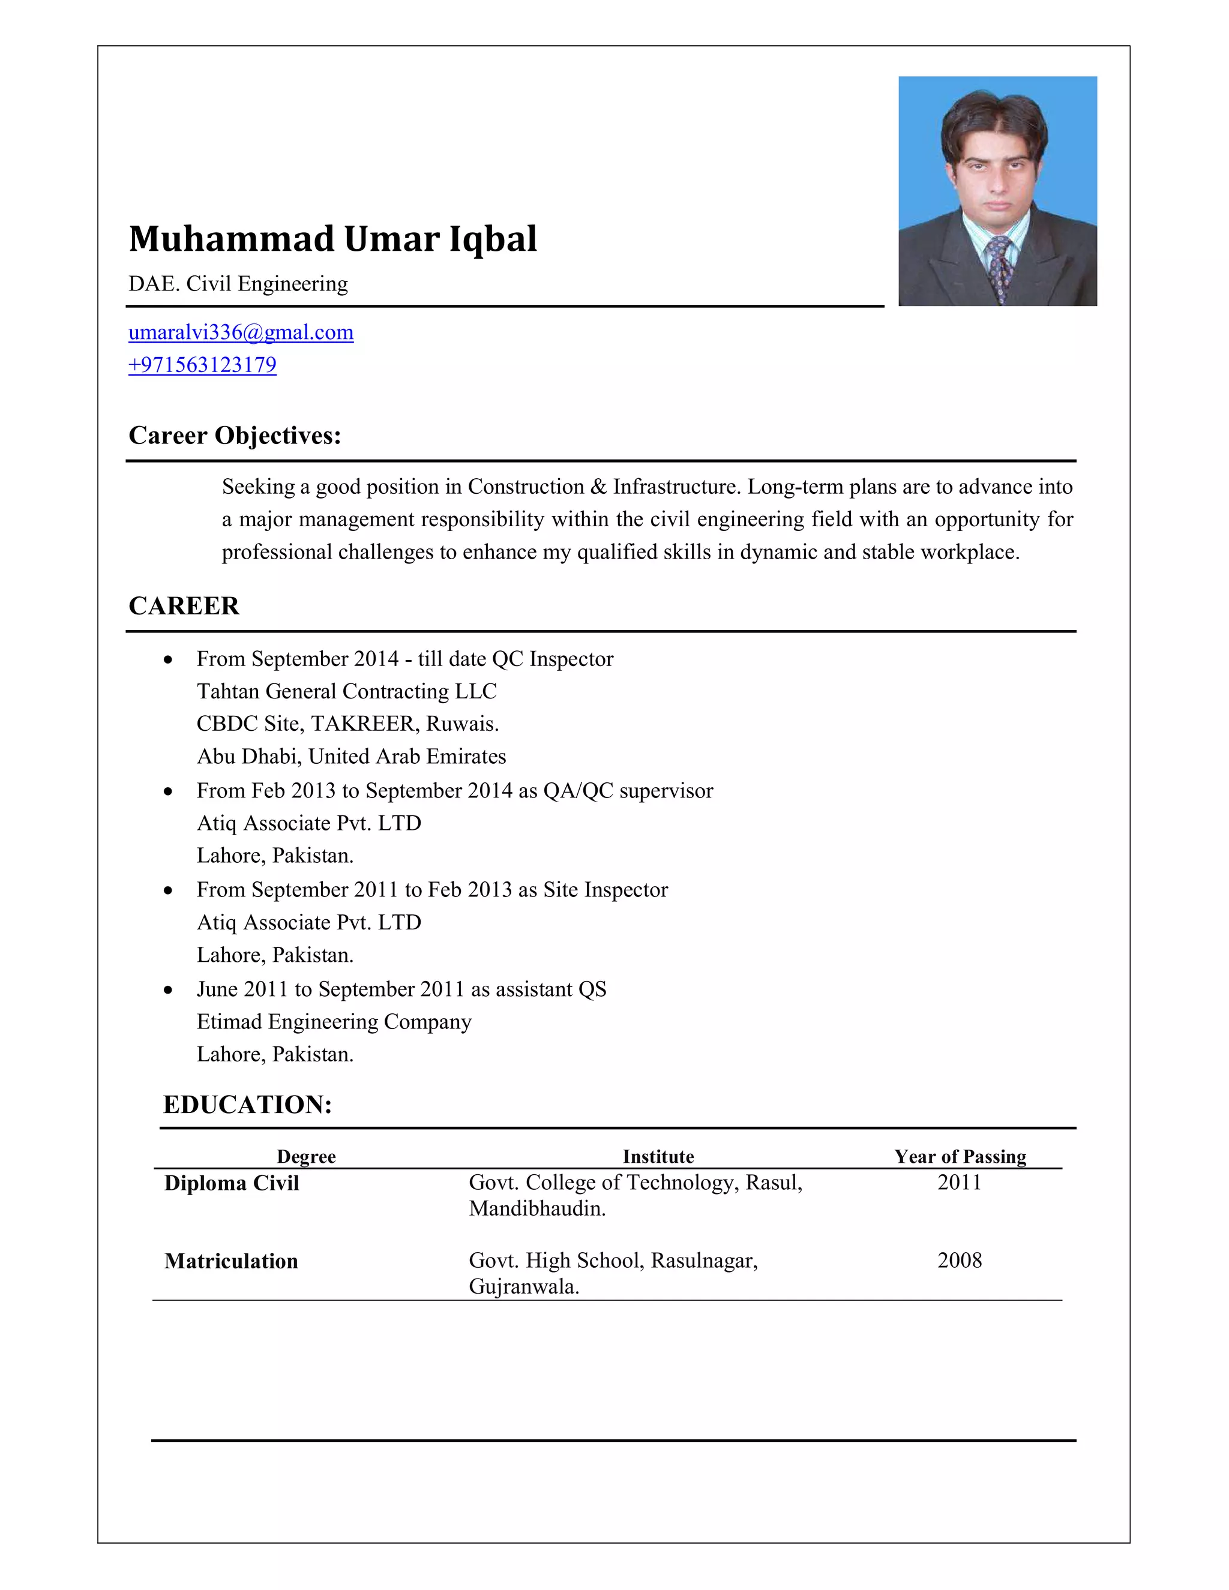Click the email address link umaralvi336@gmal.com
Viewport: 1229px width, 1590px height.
tap(241, 333)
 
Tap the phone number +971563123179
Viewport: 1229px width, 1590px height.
tap(202, 365)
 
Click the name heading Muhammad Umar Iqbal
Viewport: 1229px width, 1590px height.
tap(332, 239)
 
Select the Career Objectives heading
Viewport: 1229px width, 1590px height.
tap(235, 436)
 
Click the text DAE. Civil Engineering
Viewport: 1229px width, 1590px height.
tap(238, 283)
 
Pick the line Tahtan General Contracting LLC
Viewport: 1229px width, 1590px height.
tap(347, 691)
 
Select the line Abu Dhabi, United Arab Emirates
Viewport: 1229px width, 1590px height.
tap(351, 757)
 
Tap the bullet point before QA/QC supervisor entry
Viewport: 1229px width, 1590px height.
tap(168, 791)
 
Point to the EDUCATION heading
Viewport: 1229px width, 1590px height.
tap(248, 1105)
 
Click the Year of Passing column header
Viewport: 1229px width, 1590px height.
tap(960, 1157)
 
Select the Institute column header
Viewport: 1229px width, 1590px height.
tap(658, 1157)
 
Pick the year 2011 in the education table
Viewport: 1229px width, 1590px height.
tap(959, 1183)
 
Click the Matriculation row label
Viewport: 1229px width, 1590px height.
tap(231, 1261)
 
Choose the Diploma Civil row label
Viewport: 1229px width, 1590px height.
tap(232, 1183)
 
